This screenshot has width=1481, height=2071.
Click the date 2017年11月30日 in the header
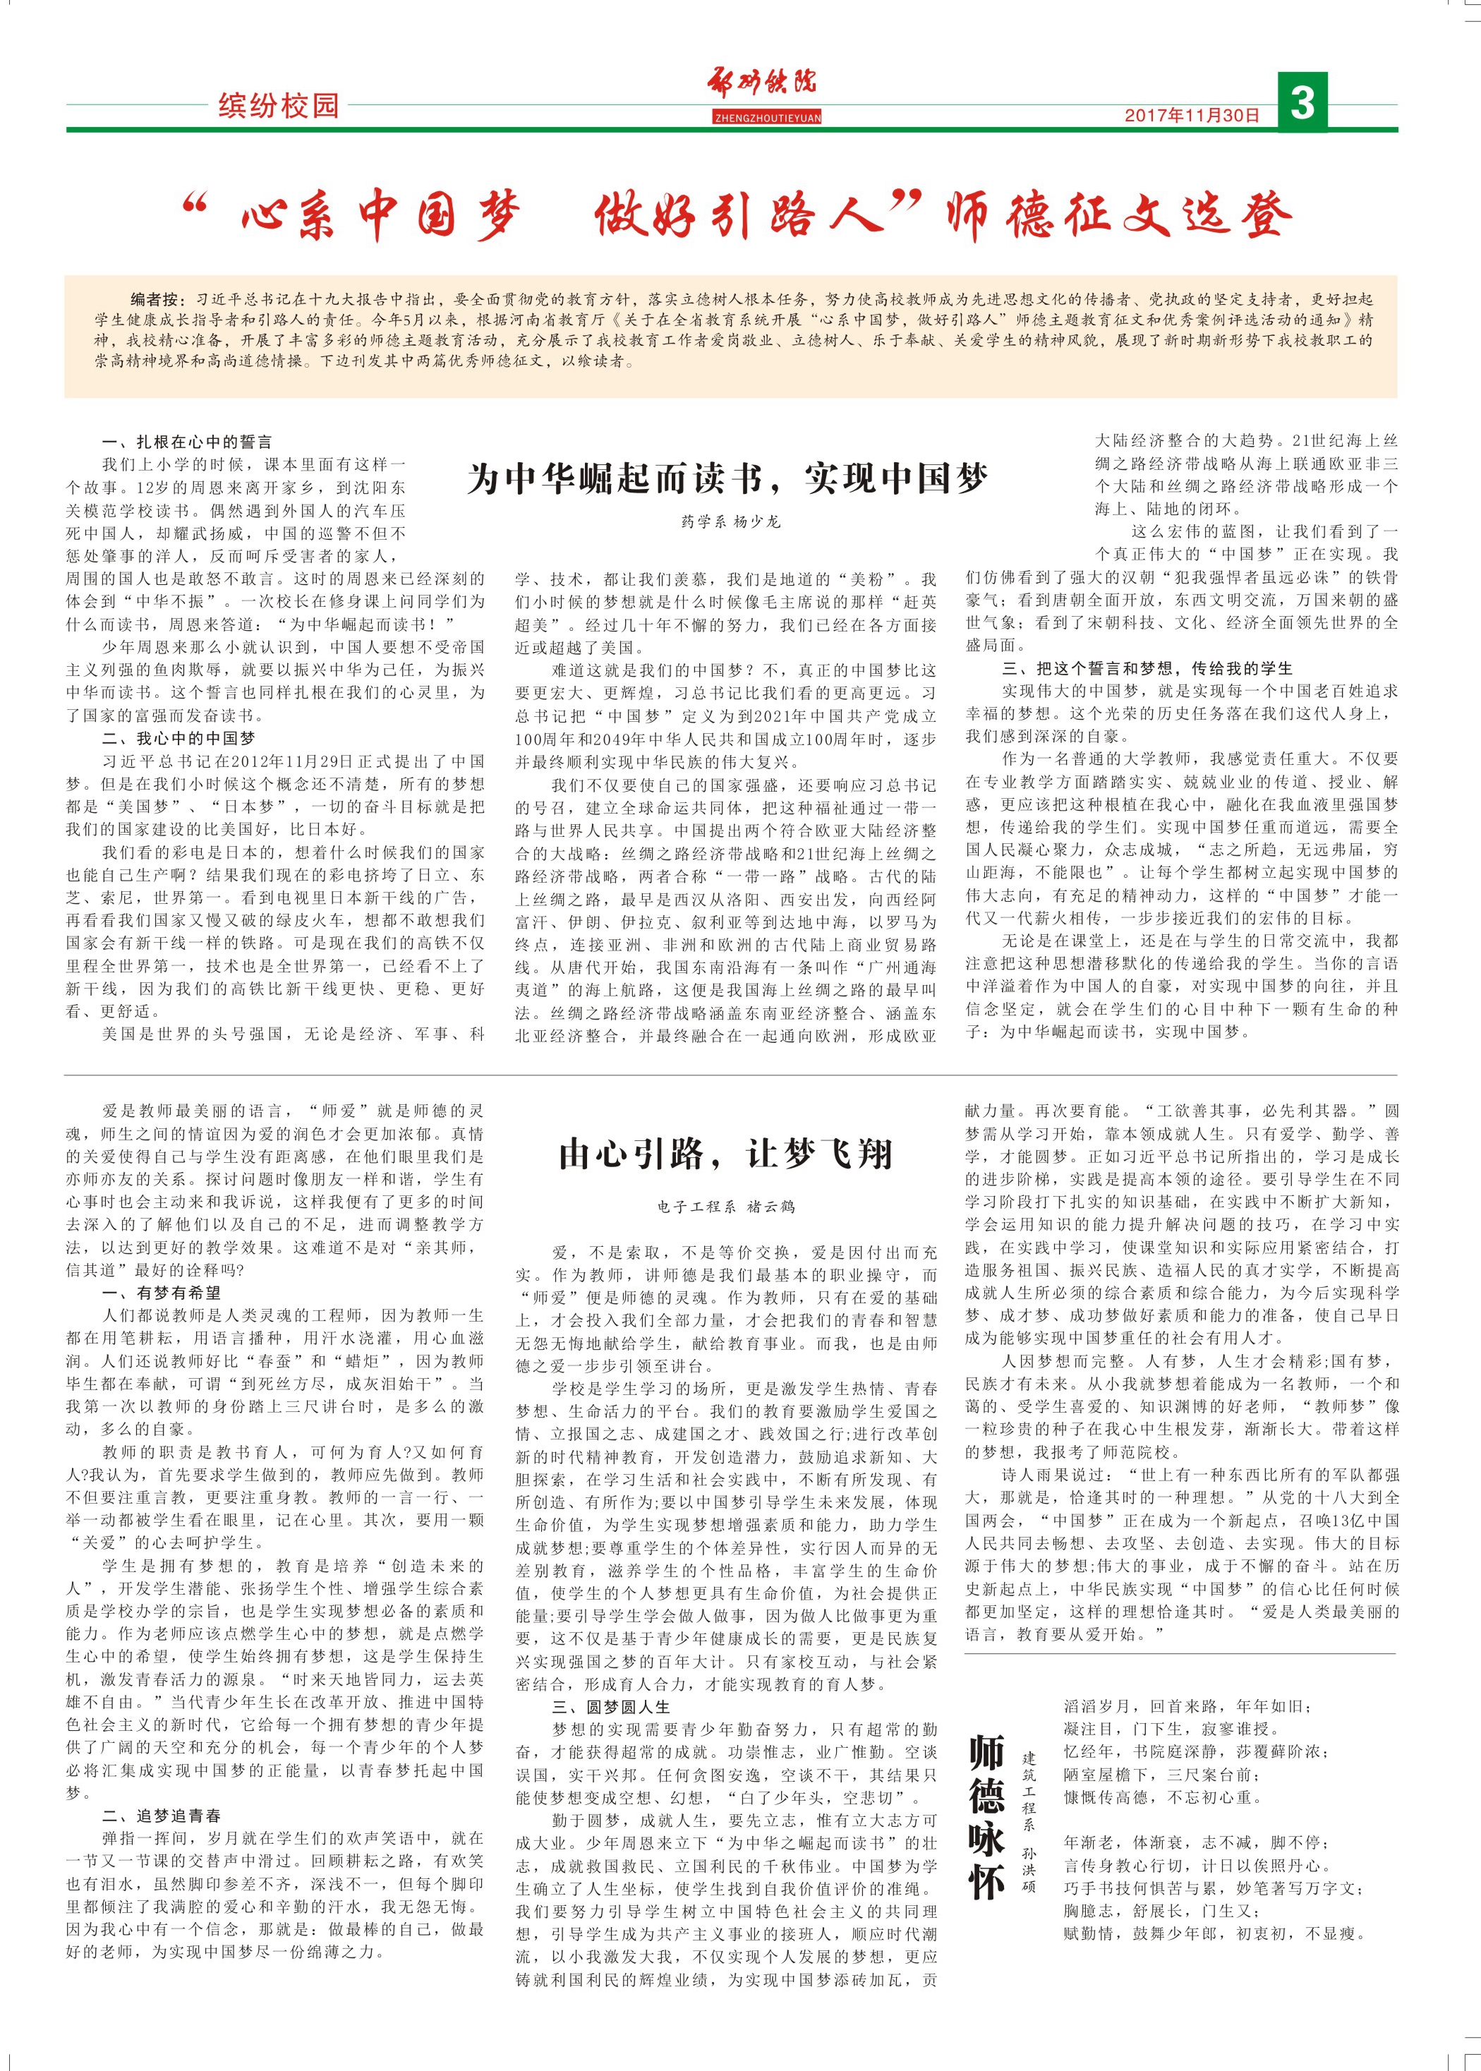1191,115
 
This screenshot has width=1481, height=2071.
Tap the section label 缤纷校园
278,106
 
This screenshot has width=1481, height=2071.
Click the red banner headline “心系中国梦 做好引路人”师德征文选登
737,215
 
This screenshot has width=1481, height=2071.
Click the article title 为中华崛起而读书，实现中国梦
727,478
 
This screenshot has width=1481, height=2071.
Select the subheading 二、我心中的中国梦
178,739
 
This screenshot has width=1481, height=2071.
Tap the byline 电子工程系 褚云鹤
726,1207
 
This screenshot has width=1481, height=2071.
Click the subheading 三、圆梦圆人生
610,1707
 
